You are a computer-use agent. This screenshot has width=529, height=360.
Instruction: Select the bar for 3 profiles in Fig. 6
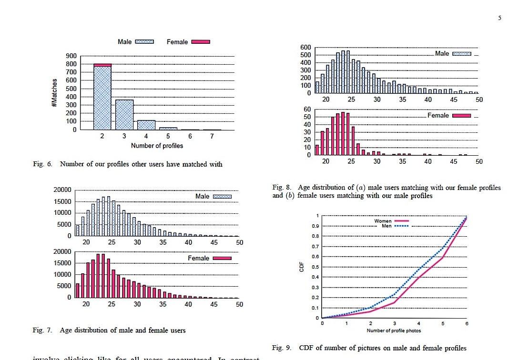point(124,115)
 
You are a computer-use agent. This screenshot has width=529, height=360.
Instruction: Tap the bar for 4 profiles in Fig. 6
point(146,125)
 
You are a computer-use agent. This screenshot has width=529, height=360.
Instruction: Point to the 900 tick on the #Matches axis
point(71,56)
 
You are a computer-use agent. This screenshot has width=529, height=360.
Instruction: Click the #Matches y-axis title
point(55,93)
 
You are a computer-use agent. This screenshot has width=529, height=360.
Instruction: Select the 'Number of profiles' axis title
point(157,146)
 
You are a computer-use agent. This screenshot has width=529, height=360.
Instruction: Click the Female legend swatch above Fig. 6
point(200,42)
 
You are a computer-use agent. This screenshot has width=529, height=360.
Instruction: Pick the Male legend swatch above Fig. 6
point(144,42)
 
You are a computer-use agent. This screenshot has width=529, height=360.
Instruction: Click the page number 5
point(499,18)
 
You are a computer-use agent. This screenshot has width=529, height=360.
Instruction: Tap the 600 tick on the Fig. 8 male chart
point(305,48)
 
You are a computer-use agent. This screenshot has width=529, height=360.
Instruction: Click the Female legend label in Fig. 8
point(438,115)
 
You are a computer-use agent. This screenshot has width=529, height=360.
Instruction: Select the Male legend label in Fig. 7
point(202,196)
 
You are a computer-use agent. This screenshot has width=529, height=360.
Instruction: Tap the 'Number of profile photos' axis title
point(394,330)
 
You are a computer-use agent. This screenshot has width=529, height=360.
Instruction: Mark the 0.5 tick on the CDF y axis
point(316,267)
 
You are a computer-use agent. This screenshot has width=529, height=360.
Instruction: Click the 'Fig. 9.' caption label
point(281,348)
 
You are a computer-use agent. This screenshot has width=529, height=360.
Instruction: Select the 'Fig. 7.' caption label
point(42,330)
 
